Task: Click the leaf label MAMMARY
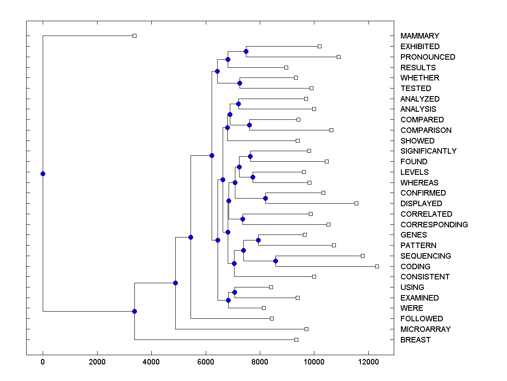point(420,36)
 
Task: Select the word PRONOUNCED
point(428,57)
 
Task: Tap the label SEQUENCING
point(425,256)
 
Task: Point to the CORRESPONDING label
point(434,224)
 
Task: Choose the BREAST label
point(415,340)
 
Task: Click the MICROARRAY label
point(425,329)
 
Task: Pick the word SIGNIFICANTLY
point(428,151)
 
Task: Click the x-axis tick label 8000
point(260,362)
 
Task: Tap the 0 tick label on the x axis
point(43,362)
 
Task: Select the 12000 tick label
point(368,362)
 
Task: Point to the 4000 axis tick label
point(151,362)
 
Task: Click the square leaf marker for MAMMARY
point(134,36)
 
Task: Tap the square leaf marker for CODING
point(377,266)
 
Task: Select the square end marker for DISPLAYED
point(356,204)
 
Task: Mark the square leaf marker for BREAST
point(296,340)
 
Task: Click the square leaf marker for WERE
point(264,308)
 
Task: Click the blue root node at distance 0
point(43,174)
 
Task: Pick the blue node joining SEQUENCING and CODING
point(275,261)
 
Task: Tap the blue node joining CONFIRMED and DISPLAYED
point(266,198)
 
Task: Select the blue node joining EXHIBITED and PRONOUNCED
point(246,51)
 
